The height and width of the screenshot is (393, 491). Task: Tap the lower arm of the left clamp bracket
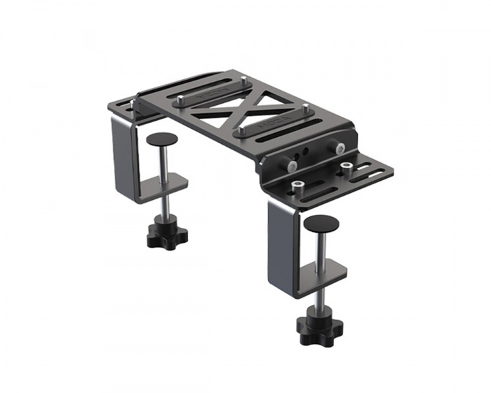pyautogui.click(x=167, y=184)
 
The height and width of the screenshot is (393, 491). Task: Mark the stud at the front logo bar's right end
pyautogui.click(x=306, y=109)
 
